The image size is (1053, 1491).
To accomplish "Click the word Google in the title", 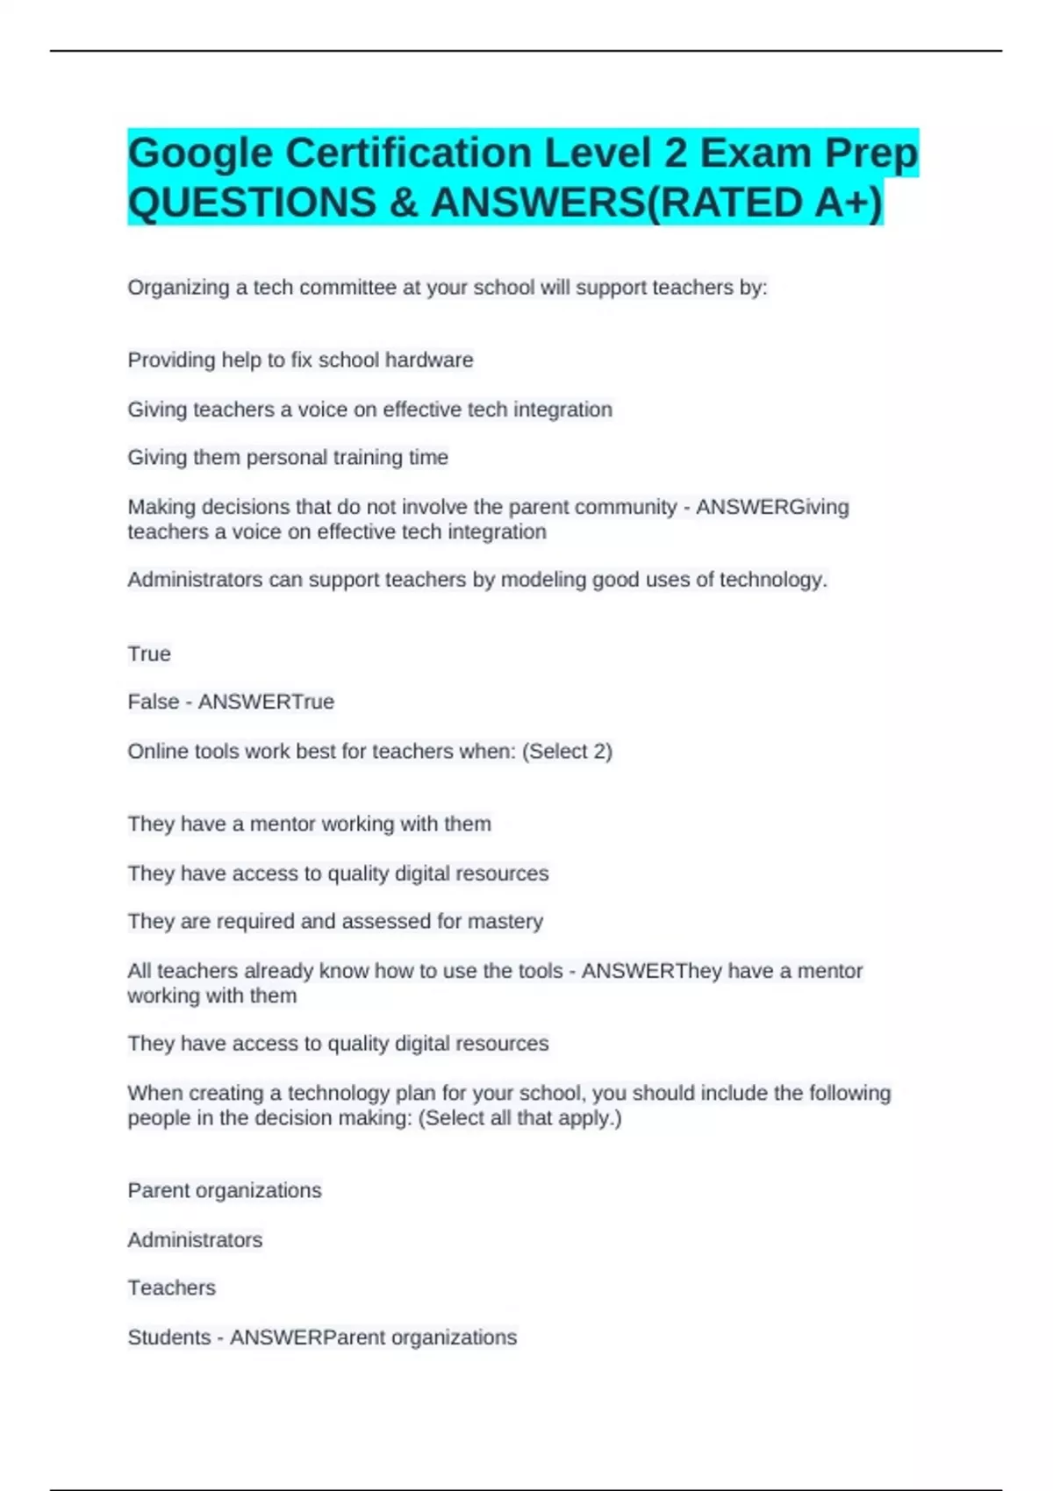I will [x=200, y=153].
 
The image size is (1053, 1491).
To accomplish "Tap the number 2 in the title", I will [x=675, y=153].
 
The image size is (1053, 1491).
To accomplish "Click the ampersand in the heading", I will [x=403, y=203].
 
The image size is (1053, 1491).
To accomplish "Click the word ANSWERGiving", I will [x=772, y=507].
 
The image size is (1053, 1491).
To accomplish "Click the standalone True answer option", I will [x=149, y=654].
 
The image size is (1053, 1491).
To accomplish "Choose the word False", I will [x=154, y=703].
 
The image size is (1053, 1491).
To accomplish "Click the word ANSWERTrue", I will [x=266, y=703].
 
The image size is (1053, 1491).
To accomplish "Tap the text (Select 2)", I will [x=567, y=752].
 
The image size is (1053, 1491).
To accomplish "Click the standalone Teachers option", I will [x=172, y=1288].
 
